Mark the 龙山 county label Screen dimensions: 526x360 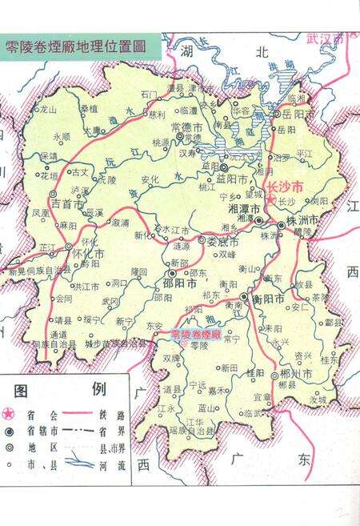(x=48, y=108)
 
